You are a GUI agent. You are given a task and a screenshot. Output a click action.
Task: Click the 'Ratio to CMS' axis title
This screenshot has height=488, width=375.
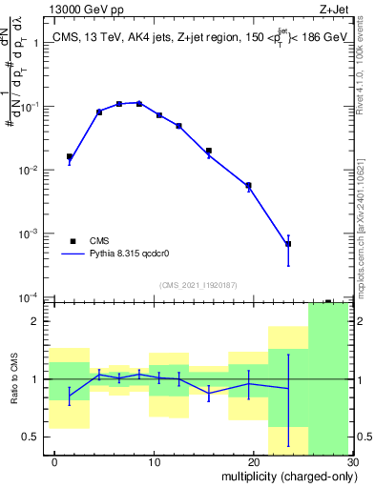pos(12,377)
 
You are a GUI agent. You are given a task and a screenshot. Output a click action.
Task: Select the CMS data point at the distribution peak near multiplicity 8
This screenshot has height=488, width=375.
pos(139,103)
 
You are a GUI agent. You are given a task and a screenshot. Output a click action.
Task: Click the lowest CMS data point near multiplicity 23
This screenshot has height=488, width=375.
pos(288,244)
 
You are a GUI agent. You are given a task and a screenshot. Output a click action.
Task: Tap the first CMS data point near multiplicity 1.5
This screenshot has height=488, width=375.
pos(70,156)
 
